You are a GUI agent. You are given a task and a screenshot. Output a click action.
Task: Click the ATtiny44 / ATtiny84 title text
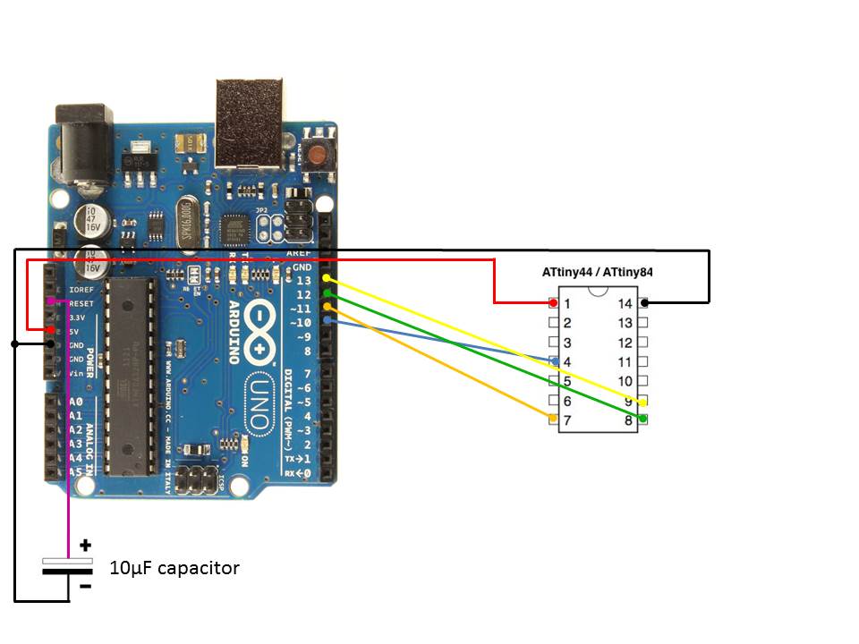[598, 272]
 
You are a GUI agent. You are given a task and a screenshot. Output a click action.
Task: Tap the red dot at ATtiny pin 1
[554, 303]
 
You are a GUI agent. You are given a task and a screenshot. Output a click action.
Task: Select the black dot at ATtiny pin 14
[643, 303]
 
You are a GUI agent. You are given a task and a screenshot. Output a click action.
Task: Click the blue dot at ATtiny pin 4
[556, 361]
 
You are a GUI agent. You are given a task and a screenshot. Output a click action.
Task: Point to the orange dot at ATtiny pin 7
[553, 419]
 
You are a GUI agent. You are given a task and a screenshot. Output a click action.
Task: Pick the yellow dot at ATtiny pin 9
[642, 402]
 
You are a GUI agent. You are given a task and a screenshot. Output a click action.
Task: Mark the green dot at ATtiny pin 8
[643, 419]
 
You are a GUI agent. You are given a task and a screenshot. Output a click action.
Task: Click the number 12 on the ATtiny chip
[625, 343]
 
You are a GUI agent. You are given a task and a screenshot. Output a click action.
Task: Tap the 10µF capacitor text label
[174, 568]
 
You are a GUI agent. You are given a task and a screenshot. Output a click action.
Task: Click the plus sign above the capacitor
[85, 544]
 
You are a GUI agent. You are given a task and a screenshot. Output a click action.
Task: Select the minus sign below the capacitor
[85, 587]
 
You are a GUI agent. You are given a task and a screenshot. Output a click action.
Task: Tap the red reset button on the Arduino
[316, 153]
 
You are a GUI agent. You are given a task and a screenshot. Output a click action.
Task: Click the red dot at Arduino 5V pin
[50, 331]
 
